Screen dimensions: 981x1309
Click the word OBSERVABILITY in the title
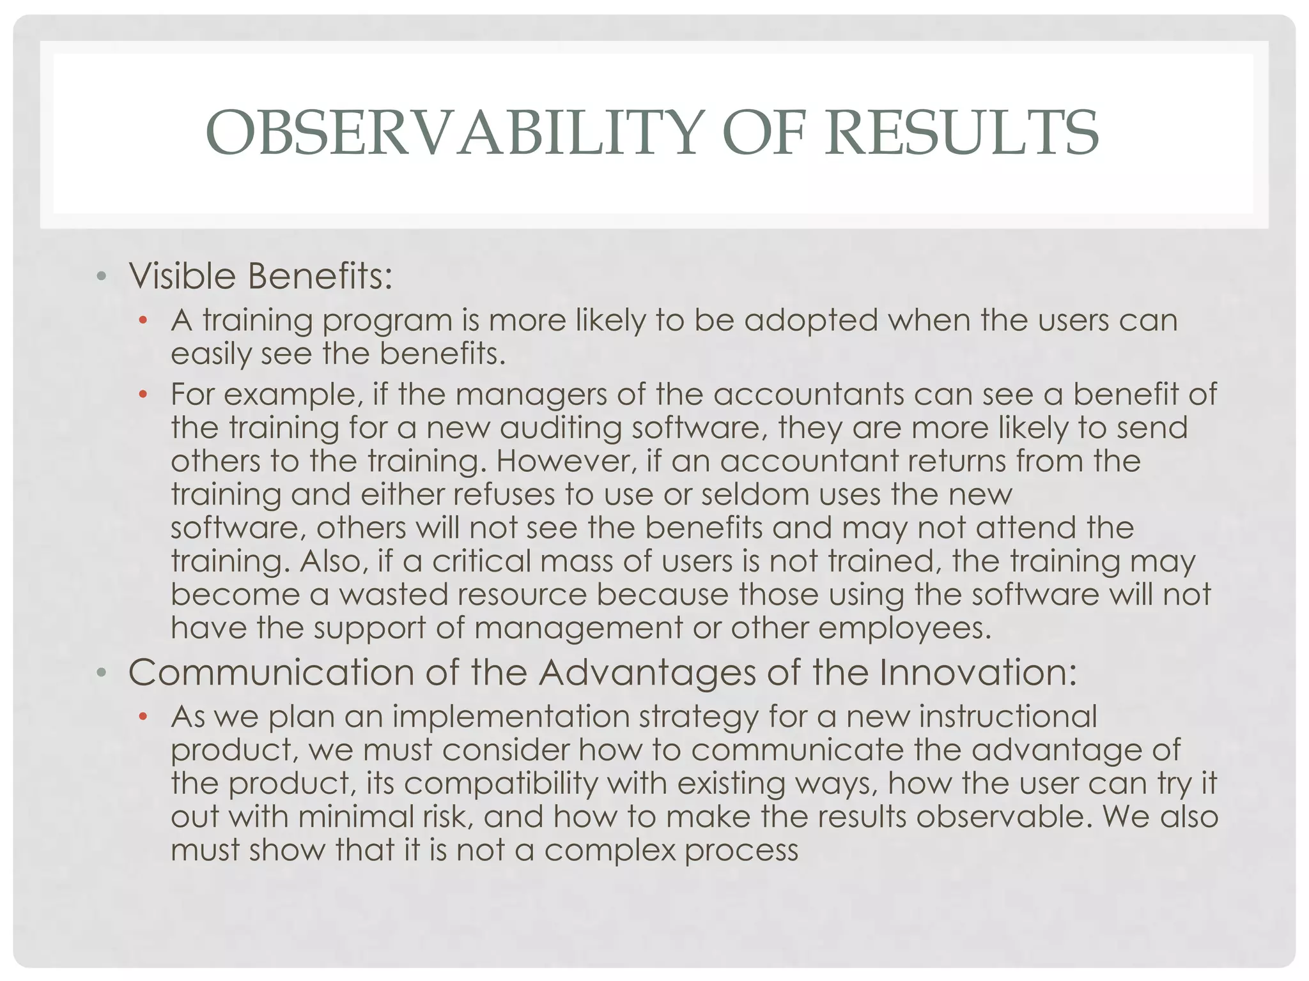pos(454,133)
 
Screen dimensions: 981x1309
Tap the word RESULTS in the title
pos(961,133)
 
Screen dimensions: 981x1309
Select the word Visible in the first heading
pos(183,276)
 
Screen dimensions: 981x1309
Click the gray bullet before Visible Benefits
pos(100,277)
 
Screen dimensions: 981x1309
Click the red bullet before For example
pos(143,394)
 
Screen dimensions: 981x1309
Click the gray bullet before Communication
pos(100,673)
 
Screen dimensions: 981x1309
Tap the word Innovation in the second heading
pos(977,673)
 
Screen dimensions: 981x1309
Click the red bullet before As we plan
pos(143,716)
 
